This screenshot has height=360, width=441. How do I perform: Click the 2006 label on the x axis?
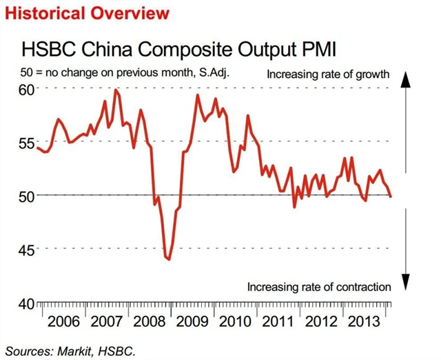click(x=63, y=321)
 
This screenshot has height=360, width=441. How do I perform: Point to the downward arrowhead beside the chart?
click(x=406, y=282)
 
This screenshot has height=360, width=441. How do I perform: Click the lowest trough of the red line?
click(x=168, y=259)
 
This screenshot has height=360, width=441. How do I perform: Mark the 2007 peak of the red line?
click(x=115, y=90)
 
